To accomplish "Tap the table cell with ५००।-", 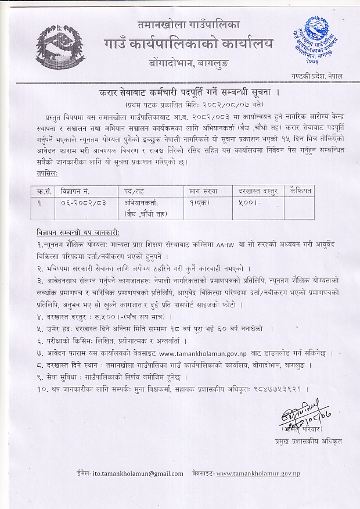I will [247, 203].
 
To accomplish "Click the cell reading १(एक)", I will [200, 203].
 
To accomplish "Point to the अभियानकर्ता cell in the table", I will [141, 203].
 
